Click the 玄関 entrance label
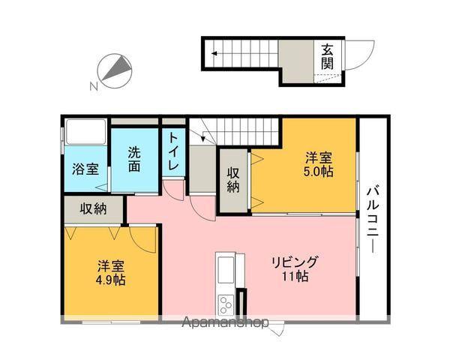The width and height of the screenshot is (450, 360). [327, 58]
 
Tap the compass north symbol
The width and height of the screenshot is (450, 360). [115, 71]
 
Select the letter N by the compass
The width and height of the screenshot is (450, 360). [94, 86]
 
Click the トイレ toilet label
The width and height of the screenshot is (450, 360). [173, 151]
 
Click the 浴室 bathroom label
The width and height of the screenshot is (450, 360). [85, 169]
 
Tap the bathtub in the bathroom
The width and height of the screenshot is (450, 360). [85, 132]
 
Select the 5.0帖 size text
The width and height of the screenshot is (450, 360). [319, 172]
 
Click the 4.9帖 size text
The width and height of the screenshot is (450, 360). [110, 280]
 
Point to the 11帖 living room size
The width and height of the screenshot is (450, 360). [295, 276]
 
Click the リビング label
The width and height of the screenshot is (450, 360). [295, 262]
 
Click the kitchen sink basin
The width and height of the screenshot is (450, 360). [226, 270]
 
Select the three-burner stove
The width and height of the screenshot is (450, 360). [226, 305]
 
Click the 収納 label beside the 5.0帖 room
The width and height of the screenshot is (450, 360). [233, 180]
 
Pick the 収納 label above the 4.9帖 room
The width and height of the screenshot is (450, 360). [93, 208]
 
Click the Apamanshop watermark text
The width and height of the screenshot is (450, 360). [225, 322]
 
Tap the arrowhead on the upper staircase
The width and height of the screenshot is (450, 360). [214, 53]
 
